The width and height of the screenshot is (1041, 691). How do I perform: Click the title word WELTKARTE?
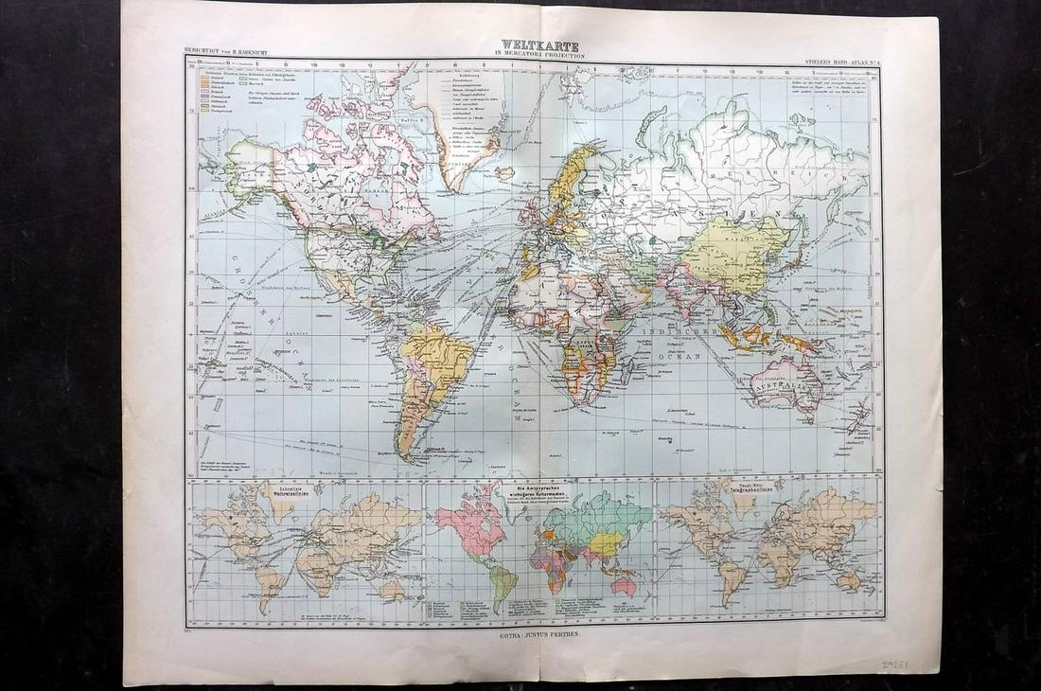coord(531,45)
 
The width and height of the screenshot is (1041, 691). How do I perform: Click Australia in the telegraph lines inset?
coord(849,579)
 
